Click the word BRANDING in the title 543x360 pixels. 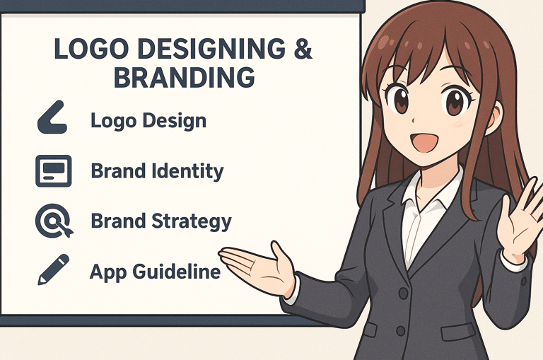(185, 77)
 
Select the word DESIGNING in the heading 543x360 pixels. (211, 49)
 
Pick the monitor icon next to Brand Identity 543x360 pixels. (53, 171)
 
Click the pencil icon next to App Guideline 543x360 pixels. (53, 269)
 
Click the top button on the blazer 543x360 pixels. (403, 294)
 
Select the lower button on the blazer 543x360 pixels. (401, 330)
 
